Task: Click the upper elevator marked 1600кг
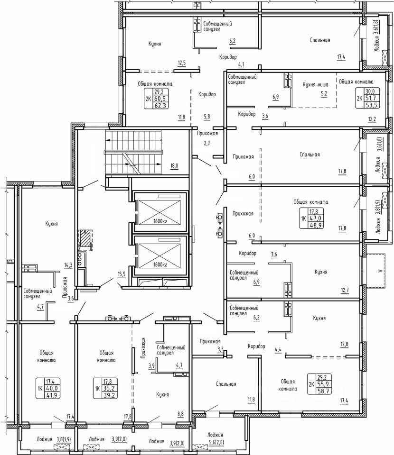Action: coord(160,211)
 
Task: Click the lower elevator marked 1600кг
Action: coord(160,255)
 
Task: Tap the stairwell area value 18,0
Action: coord(174,166)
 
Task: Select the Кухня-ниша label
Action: coord(316,85)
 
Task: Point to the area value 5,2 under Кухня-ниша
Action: coord(324,93)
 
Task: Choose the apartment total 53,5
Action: coord(371,105)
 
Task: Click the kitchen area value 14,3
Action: coord(68,264)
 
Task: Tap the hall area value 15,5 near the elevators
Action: coord(122,273)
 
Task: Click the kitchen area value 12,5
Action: coord(182,63)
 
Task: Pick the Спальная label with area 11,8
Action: coord(226,384)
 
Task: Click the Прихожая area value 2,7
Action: coord(206,143)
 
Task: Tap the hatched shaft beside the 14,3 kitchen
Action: coord(85,240)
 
